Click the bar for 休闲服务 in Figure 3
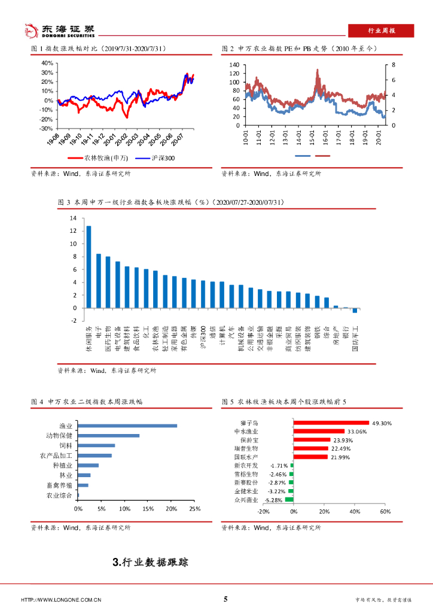pyautogui.click(x=89, y=267)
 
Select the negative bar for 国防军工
pyautogui.click(x=355, y=310)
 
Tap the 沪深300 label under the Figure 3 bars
pyautogui.click(x=203, y=338)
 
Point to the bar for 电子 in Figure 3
pyautogui.click(x=99, y=281)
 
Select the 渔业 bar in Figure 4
pyautogui.click(x=127, y=426)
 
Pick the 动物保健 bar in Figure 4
pyautogui.click(x=108, y=435)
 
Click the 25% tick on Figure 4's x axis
pyautogui.click(x=194, y=509)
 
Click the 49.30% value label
pyautogui.click(x=382, y=423)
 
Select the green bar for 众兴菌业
pyautogui.click(x=289, y=499)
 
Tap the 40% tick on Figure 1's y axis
pyautogui.click(x=47, y=62)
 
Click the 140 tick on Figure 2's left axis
pyautogui.click(x=234, y=65)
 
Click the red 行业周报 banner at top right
pyautogui.click(x=381, y=31)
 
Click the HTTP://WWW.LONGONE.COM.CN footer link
pyautogui.click(x=61, y=599)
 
